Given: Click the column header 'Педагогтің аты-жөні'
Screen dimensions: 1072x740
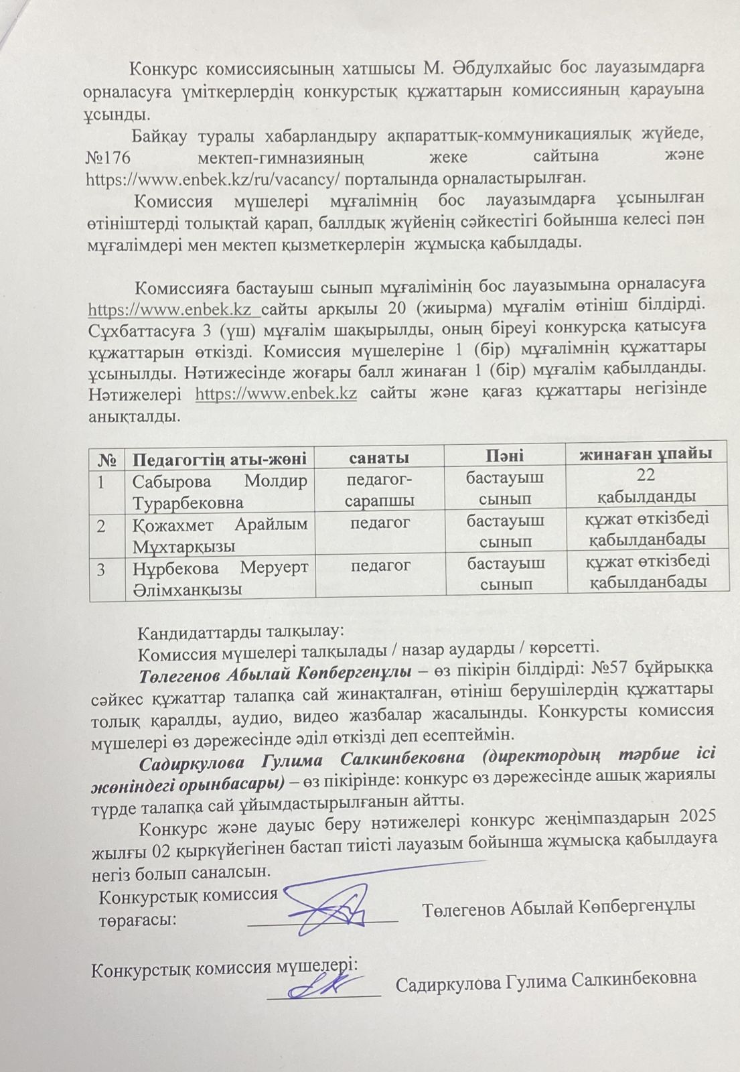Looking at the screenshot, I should tap(219, 459).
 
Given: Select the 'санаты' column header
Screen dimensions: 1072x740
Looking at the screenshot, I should tap(379, 458).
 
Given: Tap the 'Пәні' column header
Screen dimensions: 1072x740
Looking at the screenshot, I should tap(504, 456).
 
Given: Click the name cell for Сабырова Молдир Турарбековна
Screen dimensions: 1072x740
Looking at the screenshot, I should tap(219, 491).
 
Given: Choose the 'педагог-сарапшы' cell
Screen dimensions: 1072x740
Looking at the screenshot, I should tap(379, 490).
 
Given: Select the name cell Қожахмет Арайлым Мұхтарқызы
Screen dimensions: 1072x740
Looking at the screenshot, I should tap(219, 535).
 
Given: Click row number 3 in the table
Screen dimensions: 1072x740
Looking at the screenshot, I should tap(101, 570).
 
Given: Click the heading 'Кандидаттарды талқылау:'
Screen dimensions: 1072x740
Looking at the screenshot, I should tap(240, 631).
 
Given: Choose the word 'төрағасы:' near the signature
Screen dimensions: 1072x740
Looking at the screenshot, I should tap(138, 919).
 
